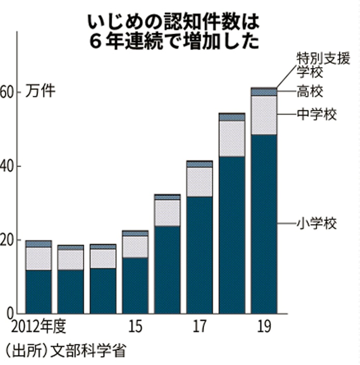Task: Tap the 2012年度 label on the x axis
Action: [x=39, y=327]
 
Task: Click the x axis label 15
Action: [x=135, y=327]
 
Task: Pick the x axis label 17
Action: [x=200, y=327]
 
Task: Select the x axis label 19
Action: [x=264, y=327]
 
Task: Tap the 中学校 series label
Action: [x=316, y=114]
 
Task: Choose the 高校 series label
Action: [x=310, y=92]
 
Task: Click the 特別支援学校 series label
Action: [x=316, y=63]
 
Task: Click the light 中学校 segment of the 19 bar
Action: [x=264, y=115]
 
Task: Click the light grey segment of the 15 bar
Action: [x=135, y=247]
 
